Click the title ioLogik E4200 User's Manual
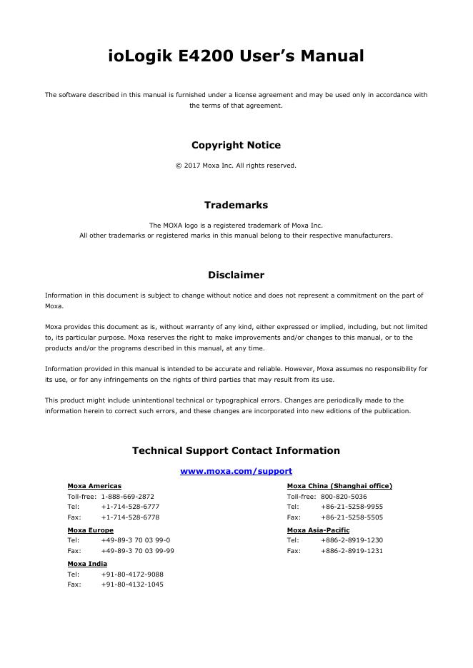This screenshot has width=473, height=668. click(236, 56)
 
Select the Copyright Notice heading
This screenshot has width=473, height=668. click(236, 145)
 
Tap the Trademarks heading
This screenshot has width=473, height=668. click(236, 205)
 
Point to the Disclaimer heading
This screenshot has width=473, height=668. click(236, 275)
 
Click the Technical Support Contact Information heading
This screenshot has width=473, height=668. click(236, 450)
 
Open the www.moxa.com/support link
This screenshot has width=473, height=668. click(236, 471)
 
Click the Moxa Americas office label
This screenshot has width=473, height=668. click(94, 486)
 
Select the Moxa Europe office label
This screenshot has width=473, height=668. click(90, 530)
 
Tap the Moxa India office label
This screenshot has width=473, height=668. click(87, 564)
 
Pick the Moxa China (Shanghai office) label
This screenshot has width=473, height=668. click(339, 486)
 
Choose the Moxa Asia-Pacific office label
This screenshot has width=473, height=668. click(318, 530)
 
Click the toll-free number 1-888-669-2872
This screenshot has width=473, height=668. click(127, 497)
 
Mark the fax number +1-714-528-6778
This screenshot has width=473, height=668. click(130, 517)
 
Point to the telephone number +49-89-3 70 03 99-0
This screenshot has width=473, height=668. click(135, 540)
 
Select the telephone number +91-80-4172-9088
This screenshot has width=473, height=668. click(132, 575)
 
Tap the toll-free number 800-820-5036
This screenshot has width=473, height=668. click(344, 497)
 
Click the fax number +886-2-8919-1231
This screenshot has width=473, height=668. click(352, 551)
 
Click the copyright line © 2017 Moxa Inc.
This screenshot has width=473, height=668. click(236, 166)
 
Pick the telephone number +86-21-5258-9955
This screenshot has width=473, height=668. click(352, 507)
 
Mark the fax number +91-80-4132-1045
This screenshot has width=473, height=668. click(132, 584)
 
